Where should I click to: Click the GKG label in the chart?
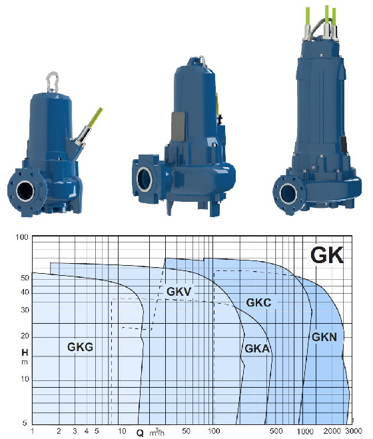(80, 346)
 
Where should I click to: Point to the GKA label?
(256, 348)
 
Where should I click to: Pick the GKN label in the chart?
(324, 337)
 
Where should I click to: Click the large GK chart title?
(326, 255)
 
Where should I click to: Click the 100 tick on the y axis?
(22, 237)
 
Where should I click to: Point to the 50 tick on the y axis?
(25, 278)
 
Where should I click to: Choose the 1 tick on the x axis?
(33, 432)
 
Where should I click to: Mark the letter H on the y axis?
(25, 352)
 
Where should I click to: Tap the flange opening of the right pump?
(288, 194)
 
